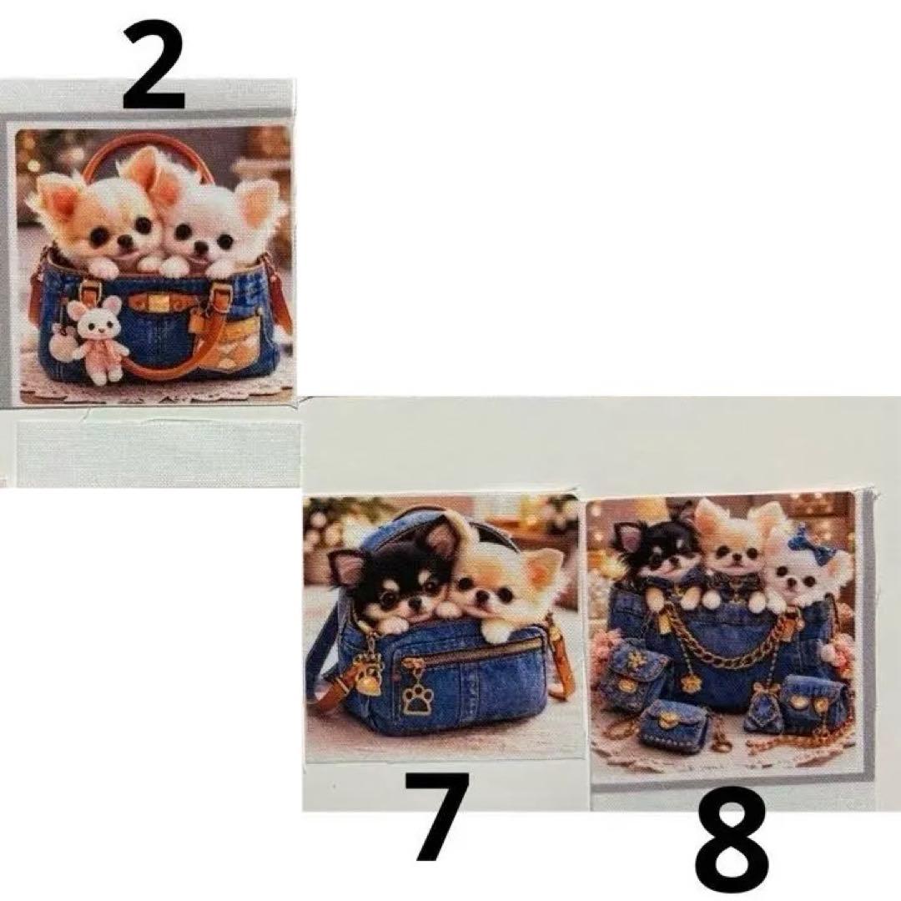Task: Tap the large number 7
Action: click(435, 816)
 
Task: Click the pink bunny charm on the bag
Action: click(98, 339)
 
